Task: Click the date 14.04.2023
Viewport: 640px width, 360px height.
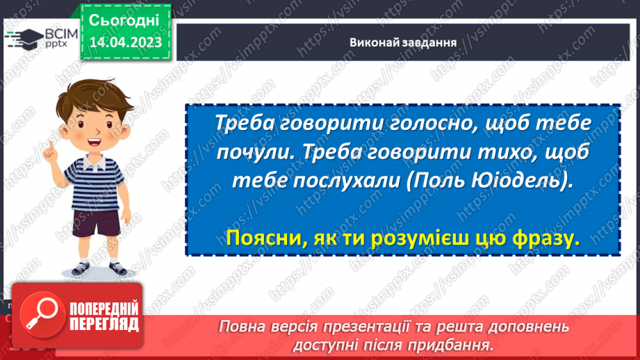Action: tap(125, 43)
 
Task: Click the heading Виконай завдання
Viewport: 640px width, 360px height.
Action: tap(403, 42)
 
